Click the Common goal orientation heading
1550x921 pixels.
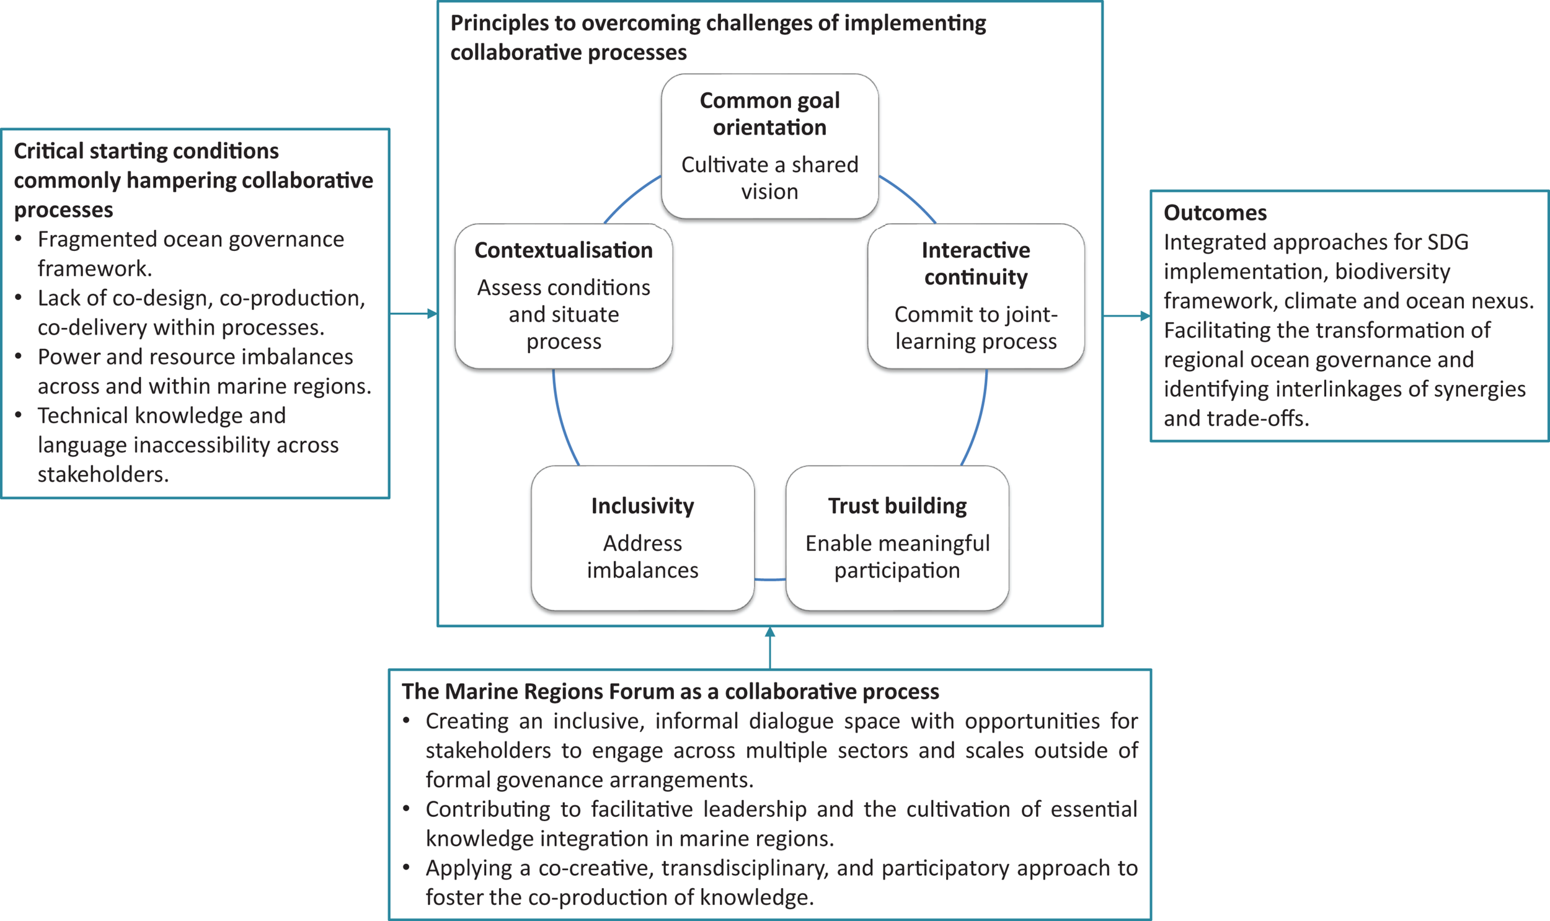coord(769,113)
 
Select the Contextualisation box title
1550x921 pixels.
coord(563,250)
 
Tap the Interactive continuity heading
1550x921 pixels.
coord(975,263)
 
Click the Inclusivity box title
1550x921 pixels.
coord(642,506)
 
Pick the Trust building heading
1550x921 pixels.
coord(897,506)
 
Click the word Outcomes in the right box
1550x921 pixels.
coord(1215,213)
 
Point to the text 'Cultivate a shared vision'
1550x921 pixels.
coord(769,178)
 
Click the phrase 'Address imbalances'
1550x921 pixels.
coord(642,557)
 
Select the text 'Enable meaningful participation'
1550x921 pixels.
coord(897,557)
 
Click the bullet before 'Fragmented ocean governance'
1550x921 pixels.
coord(19,239)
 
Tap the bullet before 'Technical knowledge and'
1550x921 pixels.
coord(19,415)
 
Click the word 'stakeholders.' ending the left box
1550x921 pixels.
coord(103,474)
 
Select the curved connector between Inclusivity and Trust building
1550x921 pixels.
coord(769,579)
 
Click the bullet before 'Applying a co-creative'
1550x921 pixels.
coord(407,868)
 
